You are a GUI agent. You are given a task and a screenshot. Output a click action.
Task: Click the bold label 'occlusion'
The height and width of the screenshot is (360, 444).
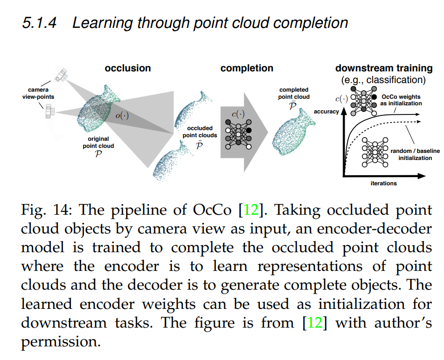[128, 68]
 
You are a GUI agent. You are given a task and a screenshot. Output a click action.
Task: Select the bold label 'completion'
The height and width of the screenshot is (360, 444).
[247, 68]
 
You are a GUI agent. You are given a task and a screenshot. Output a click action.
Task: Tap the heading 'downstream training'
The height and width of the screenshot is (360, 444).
[384, 68]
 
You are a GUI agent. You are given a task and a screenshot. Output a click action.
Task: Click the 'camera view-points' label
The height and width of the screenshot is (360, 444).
[38, 94]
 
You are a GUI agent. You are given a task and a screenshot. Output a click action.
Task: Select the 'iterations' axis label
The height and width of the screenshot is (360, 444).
[383, 183]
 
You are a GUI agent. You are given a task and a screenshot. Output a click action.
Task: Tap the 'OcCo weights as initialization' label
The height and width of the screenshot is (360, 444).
[400, 100]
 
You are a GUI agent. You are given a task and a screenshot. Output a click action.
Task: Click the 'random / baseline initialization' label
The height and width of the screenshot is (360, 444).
[411, 154]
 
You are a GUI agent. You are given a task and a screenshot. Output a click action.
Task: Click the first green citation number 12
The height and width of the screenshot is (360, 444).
[251, 210]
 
